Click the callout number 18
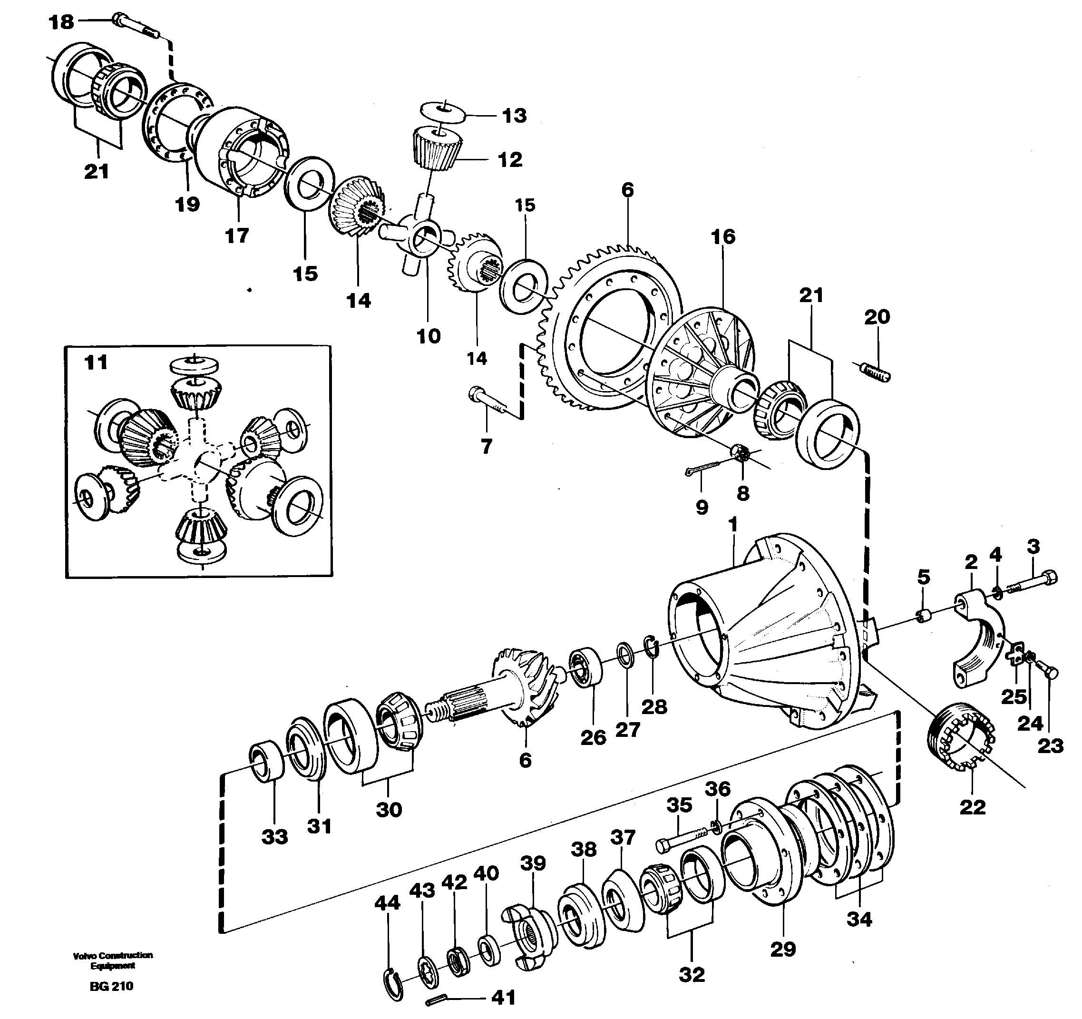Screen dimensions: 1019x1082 coord(61,22)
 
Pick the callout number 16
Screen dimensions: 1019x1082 coord(723,236)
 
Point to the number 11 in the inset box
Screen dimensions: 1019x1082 coord(96,362)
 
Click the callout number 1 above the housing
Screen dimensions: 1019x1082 coord(733,525)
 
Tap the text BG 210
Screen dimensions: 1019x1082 coord(111,986)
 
